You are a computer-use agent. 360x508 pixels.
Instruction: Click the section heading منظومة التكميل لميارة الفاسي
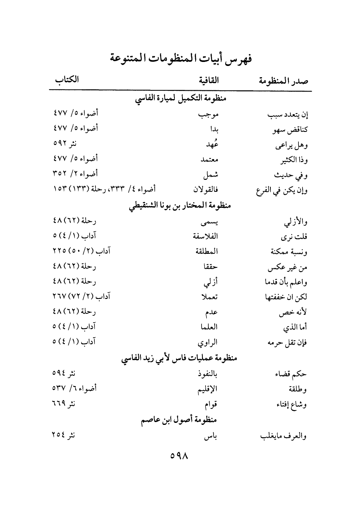click(180, 100)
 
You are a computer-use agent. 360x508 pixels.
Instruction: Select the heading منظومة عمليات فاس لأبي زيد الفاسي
click(180, 358)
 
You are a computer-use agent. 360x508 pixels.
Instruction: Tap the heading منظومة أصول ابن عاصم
click(180, 419)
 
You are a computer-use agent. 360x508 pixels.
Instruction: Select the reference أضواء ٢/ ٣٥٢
click(76, 174)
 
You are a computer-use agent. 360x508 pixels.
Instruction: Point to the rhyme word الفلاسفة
click(205, 236)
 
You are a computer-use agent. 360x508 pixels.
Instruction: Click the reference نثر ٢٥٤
click(64, 435)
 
